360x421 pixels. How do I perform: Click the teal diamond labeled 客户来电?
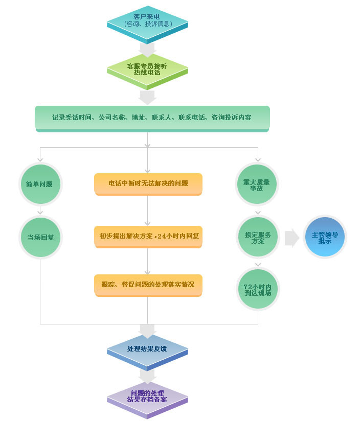tap(147, 24)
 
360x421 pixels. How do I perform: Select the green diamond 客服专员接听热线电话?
tap(147, 72)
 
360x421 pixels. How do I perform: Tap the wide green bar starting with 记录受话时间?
tap(152, 119)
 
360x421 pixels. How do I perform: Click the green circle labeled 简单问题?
tap(40, 184)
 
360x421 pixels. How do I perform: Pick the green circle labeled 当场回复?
tap(40, 237)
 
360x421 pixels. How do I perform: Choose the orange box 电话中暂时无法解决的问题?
tap(148, 184)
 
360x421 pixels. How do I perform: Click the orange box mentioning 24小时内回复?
tap(148, 237)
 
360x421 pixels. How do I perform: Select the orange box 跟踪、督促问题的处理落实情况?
tap(148, 285)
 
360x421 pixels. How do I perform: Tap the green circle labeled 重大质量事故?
tap(257, 184)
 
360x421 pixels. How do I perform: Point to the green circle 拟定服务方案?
tap(258, 237)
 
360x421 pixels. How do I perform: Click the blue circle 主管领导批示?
tap(325, 237)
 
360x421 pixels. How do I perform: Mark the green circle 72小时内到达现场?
tap(258, 289)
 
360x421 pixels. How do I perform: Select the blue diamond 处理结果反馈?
tap(147, 352)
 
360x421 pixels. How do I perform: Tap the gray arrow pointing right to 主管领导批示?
tap(292, 238)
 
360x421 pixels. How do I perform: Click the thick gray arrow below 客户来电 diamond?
tap(147, 50)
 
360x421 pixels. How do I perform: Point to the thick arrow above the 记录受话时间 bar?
tap(147, 98)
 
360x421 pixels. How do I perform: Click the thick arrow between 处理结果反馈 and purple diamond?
tap(147, 377)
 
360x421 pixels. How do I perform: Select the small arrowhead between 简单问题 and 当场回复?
tap(40, 213)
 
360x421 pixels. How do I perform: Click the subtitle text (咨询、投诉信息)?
tap(148, 24)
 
